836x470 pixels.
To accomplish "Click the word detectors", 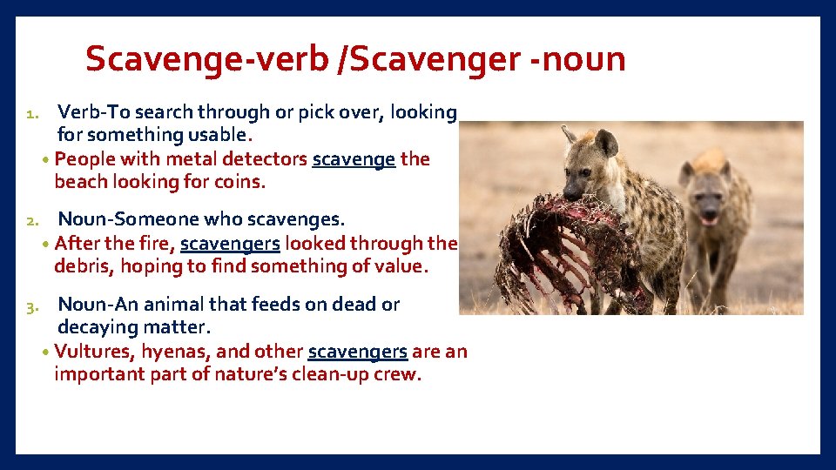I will (x=266, y=159).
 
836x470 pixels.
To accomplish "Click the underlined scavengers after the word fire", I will (x=230, y=243).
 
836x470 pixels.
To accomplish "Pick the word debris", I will (x=82, y=265).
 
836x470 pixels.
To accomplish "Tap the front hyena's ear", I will (x=607, y=141).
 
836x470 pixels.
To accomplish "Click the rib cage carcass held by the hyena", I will (x=557, y=248).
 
